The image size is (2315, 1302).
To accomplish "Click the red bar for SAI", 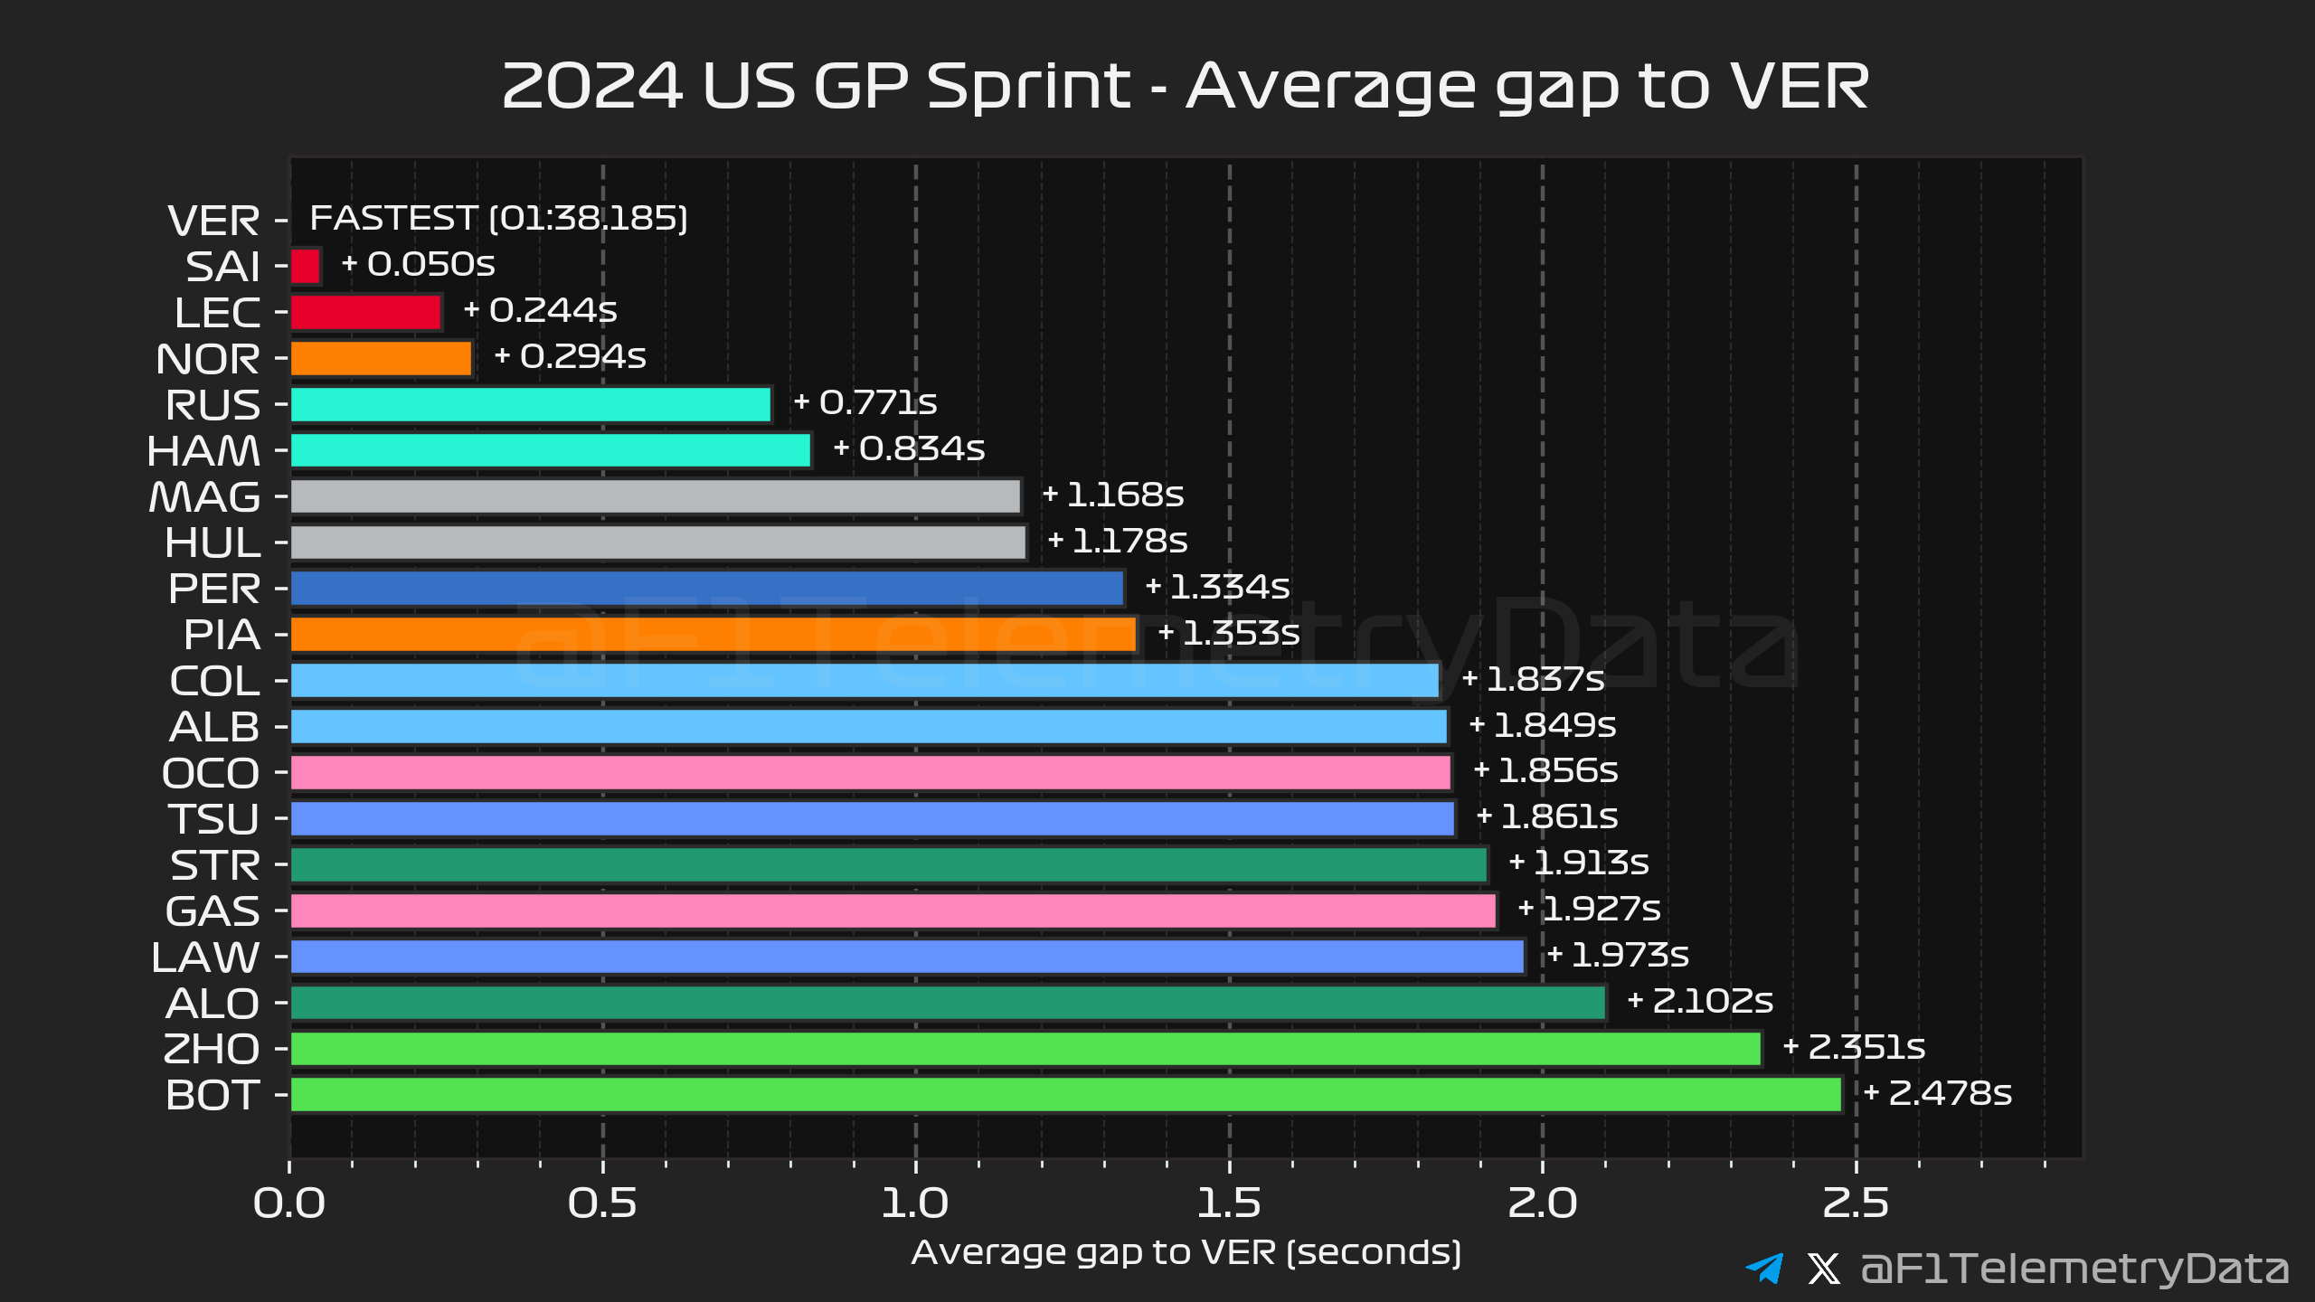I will click(x=306, y=267).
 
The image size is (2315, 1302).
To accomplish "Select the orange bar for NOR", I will click(x=381, y=359).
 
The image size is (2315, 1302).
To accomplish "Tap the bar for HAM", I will click(x=550, y=450).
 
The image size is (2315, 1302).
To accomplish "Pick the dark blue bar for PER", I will click(x=706, y=589).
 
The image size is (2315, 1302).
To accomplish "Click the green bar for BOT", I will click(x=1065, y=1095).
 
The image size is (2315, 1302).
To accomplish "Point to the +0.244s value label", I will click(x=540, y=310).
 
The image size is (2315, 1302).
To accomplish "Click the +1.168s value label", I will click(x=1112, y=495).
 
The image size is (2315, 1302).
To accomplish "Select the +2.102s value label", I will click(x=1699, y=1001).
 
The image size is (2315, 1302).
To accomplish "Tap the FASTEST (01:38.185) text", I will click(x=498, y=218).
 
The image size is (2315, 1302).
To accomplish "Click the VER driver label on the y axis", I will click(x=214, y=221).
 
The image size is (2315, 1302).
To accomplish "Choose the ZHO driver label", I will click(x=212, y=1049).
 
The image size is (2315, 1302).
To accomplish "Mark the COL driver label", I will click(x=215, y=681).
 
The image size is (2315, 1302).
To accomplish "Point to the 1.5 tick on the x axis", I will click(x=1228, y=1203).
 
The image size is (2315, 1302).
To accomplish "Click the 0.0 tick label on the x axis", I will click(x=289, y=1203).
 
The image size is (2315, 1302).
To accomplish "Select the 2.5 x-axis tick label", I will click(x=1856, y=1203).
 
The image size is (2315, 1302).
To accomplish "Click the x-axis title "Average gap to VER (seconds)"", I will click(x=1186, y=1252).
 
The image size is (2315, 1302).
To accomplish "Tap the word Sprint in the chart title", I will click(x=1028, y=88).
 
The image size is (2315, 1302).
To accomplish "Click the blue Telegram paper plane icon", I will click(x=1764, y=1268).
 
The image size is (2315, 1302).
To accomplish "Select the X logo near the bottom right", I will click(x=1823, y=1269).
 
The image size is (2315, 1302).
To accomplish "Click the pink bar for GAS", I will click(x=893, y=910).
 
